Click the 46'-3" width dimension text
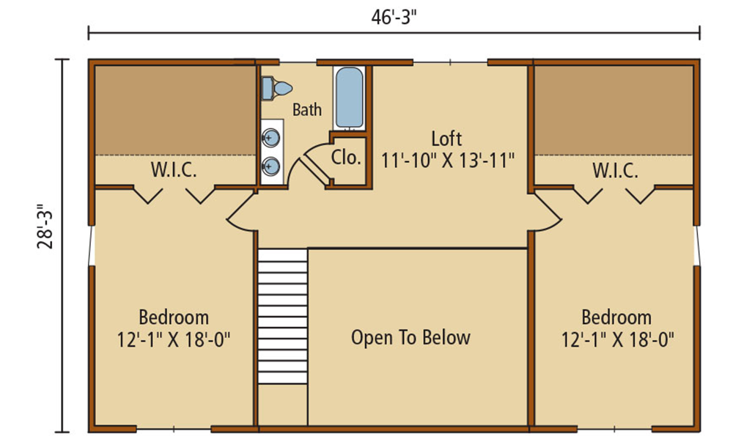(394, 18)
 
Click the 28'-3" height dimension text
(45, 227)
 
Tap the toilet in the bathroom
(277, 88)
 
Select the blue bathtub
(349, 98)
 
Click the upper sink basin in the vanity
(270, 137)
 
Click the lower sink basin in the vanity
(270, 166)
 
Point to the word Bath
(307, 110)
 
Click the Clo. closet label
(347, 158)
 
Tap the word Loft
(446, 139)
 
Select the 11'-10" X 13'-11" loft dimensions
(448, 161)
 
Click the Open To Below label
(410, 337)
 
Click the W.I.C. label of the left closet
(174, 169)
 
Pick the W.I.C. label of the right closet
(615, 171)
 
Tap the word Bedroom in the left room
(174, 317)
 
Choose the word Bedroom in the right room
(616, 317)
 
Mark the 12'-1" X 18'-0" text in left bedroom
(174, 340)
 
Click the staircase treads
(282, 316)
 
